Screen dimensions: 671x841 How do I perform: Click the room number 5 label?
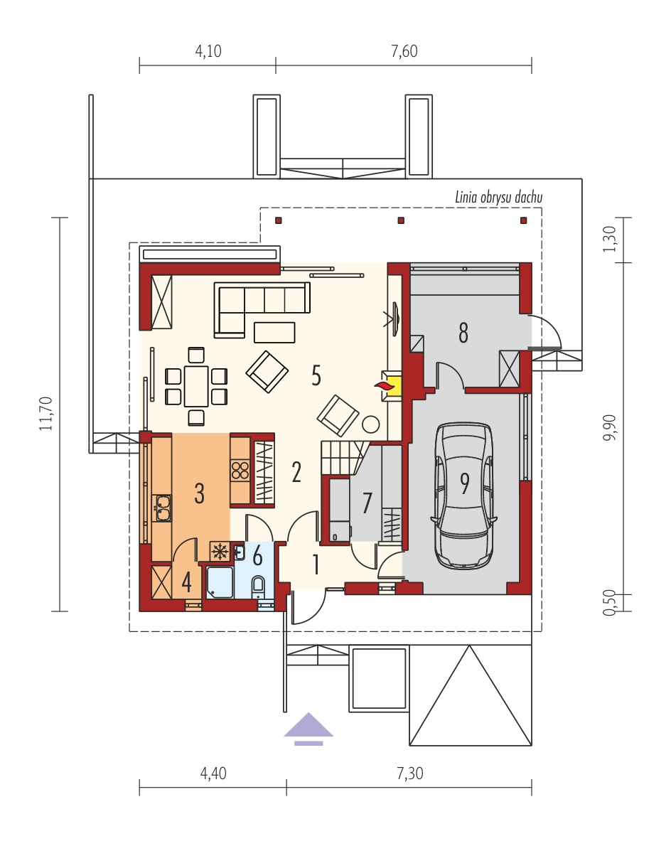[x=316, y=375]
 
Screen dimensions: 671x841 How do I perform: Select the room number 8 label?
[x=463, y=333]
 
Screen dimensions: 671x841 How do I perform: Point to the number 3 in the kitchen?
[x=200, y=493]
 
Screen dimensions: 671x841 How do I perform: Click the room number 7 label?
[x=367, y=503]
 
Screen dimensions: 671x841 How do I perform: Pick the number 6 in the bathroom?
[x=257, y=556]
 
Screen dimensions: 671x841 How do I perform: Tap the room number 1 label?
[x=316, y=564]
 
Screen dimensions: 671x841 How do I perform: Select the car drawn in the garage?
[x=464, y=495]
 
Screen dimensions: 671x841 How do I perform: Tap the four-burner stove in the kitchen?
[x=240, y=471]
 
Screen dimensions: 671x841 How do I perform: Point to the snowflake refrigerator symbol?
[x=220, y=551]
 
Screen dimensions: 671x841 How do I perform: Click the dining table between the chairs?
[x=196, y=386]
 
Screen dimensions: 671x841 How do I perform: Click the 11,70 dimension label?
[x=46, y=414]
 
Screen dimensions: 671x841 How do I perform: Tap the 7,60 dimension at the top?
[x=404, y=51]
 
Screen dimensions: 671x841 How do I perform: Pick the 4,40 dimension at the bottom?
[x=213, y=773]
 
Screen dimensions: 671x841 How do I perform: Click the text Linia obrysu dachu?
[x=499, y=198]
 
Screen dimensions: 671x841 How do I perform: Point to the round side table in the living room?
[x=370, y=424]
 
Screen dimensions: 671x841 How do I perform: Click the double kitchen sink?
[x=163, y=508]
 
